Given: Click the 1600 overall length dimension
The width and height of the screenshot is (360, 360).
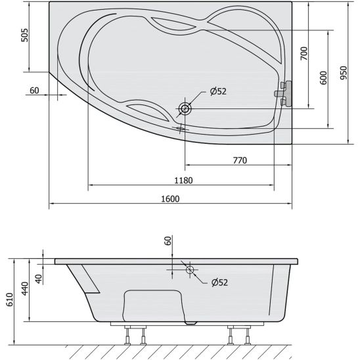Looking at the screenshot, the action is click(x=170, y=199).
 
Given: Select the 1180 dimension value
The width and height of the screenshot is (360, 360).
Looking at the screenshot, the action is click(x=183, y=181).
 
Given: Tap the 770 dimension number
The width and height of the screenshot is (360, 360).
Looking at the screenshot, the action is click(x=240, y=160).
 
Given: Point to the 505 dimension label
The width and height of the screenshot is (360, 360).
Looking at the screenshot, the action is click(x=25, y=35).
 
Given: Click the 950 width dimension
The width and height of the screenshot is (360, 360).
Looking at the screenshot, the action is click(x=344, y=73).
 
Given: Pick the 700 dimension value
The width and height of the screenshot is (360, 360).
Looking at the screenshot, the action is click(x=304, y=53).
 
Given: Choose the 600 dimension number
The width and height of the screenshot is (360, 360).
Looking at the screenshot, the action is click(x=323, y=78).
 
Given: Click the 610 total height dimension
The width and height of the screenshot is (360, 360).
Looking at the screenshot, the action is click(x=10, y=300).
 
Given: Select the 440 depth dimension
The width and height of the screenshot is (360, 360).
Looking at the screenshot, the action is click(x=25, y=288).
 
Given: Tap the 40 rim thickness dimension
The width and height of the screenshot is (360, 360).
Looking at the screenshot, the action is click(x=39, y=279).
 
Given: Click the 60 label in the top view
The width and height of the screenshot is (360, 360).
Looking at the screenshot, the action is click(x=34, y=91).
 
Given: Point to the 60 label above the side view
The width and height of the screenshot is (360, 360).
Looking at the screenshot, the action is click(x=168, y=241).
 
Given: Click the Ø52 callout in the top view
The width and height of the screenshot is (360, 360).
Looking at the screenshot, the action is click(x=218, y=91).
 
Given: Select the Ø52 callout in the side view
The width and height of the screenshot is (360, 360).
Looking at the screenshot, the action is click(x=219, y=282).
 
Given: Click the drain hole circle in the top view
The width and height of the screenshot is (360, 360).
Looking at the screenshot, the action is click(x=185, y=108).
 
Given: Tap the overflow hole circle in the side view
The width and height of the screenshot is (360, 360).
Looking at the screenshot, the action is click(x=190, y=270).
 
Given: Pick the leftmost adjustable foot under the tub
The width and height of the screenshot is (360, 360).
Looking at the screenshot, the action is click(x=127, y=336).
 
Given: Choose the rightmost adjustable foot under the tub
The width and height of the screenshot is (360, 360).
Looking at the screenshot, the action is click(x=248, y=336).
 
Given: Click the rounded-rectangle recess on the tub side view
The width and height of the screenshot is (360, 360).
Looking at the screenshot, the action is click(x=154, y=306).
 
